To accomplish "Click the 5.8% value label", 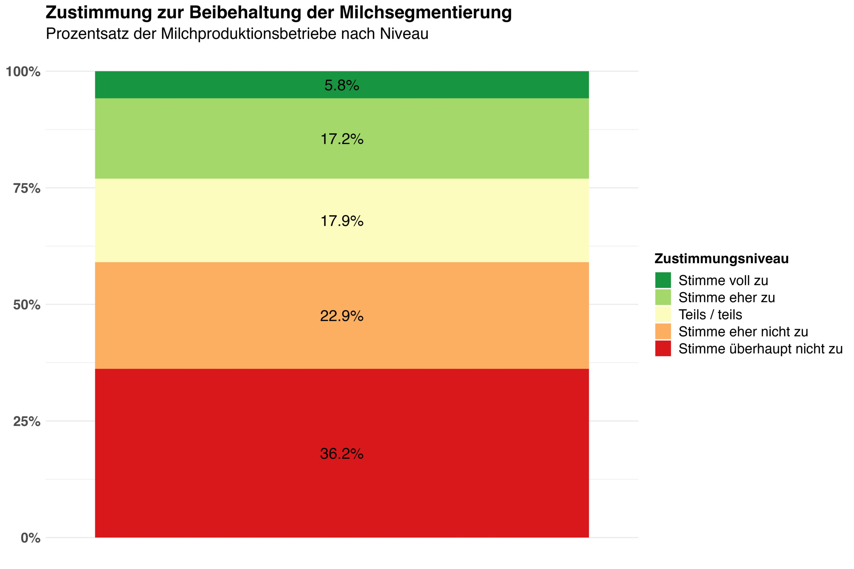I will tap(341, 85).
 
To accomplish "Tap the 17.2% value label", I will tap(341, 139).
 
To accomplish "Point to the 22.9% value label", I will tap(341, 316).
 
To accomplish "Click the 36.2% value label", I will tap(341, 454).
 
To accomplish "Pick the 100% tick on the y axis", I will tap(23, 72).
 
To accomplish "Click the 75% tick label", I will tap(27, 188).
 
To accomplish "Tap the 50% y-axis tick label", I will tap(27, 305).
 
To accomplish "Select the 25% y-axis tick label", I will tap(27, 421).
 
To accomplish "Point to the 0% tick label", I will tap(30, 538).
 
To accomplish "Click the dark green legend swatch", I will tap(663, 280).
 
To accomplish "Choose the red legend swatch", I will tap(663, 348).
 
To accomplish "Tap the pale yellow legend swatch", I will tap(663, 314).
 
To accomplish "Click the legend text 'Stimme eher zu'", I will tap(727, 298).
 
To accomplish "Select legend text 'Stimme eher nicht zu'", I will tap(743, 332).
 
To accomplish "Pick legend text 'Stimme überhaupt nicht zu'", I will tap(760, 349).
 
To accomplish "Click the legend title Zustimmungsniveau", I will tap(721, 259).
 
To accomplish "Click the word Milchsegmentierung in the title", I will tap(425, 13).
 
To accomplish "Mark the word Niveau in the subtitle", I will tap(404, 34).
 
